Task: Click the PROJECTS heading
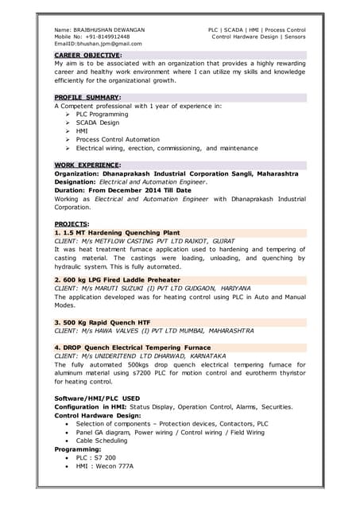tap(72, 224)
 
